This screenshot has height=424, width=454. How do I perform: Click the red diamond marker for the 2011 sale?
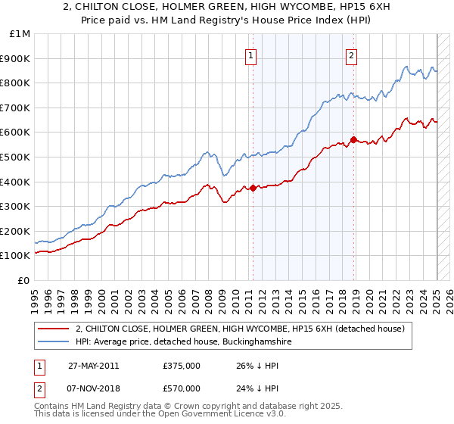tap(253, 188)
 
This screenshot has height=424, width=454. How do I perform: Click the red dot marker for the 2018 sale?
tap(353, 139)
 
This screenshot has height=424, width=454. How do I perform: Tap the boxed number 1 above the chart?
tap(250, 54)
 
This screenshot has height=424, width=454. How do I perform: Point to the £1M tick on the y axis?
tap(20, 34)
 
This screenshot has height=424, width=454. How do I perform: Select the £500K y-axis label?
tap(16, 157)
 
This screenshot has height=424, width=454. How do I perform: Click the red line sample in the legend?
tap(54, 329)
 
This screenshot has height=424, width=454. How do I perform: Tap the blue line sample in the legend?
tap(54, 342)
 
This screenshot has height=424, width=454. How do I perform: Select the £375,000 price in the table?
tap(181, 366)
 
